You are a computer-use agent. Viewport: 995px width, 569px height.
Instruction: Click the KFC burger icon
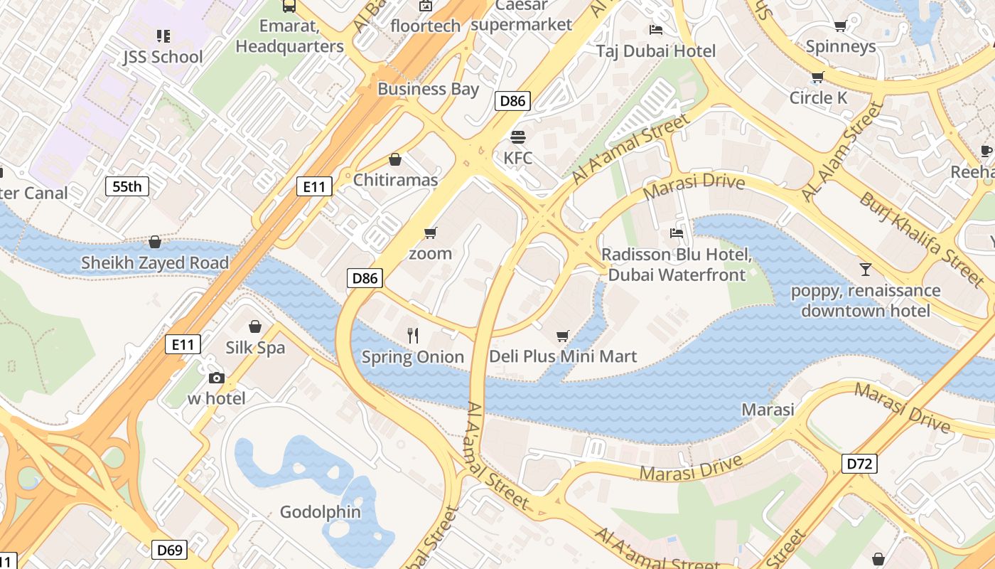point(517,137)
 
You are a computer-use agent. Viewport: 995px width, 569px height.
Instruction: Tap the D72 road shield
point(860,464)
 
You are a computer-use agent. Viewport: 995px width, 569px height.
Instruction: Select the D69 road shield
point(170,550)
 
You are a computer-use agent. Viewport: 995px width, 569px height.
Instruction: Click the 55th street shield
point(127,187)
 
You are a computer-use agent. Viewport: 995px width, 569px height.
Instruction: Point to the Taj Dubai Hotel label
point(656,51)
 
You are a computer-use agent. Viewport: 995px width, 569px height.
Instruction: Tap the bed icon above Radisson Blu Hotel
point(677,233)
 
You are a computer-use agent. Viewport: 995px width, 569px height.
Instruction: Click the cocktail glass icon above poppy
point(866,269)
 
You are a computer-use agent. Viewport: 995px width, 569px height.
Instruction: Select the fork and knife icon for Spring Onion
point(412,335)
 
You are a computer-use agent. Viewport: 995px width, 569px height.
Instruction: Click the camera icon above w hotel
point(216,378)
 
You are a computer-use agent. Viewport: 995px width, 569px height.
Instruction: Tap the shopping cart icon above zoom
point(430,233)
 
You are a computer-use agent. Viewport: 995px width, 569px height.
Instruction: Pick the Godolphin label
point(321,512)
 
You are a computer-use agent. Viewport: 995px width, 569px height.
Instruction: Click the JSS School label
point(163,57)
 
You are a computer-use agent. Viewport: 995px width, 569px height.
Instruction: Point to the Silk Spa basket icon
point(254,326)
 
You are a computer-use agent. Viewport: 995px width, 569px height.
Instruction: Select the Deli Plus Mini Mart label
point(563,356)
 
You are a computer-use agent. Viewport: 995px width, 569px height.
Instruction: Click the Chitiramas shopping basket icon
point(395,159)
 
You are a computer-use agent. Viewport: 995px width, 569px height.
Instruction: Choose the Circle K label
point(818,97)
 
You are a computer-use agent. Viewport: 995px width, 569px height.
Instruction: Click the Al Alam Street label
point(841,151)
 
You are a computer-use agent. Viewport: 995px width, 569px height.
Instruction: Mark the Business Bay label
point(428,89)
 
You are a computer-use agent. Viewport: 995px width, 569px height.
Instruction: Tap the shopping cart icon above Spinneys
point(840,26)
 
